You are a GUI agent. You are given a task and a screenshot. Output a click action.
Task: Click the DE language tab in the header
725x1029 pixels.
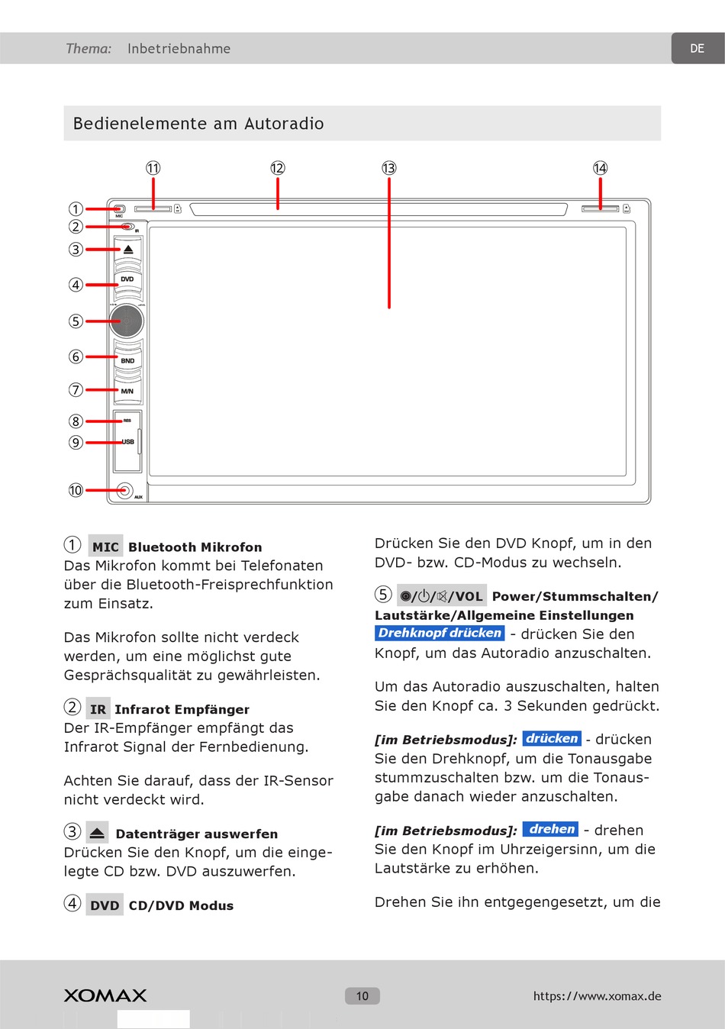(x=697, y=48)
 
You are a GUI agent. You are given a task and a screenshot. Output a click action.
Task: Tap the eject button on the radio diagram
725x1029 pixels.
(x=128, y=250)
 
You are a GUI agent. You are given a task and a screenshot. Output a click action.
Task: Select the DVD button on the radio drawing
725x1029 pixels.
(x=127, y=279)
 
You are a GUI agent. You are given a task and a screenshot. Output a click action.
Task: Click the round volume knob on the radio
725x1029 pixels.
(x=127, y=321)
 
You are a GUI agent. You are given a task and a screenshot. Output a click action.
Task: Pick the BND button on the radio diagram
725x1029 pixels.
(x=127, y=360)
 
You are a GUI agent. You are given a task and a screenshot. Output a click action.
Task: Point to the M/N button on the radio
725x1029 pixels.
(x=127, y=391)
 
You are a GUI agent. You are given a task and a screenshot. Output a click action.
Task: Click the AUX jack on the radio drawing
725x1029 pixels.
(x=124, y=491)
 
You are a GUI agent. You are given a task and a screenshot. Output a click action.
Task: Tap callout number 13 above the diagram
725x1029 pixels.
(x=389, y=168)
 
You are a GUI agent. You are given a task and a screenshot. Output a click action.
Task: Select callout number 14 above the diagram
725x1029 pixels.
(x=601, y=168)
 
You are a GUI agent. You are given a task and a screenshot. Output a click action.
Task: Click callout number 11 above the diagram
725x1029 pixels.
(x=153, y=168)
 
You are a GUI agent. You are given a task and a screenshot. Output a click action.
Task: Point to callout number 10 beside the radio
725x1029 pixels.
(x=76, y=490)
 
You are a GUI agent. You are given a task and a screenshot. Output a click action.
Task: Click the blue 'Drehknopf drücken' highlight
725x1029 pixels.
(x=440, y=633)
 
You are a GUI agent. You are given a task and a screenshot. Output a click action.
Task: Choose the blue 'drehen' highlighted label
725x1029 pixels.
(x=551, y=829)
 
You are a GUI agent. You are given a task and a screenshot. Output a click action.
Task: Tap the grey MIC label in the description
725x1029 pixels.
(x=105, y=547)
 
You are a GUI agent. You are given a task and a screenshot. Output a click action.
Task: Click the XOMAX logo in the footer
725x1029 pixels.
(x=105, y=995)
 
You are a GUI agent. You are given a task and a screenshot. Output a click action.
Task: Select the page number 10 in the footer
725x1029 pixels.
(x=362, y=995)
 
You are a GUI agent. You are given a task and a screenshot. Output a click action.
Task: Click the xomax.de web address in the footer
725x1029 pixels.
(x=597, y=995)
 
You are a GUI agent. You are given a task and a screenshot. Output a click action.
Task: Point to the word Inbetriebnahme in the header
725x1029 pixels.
(x=179, y=49)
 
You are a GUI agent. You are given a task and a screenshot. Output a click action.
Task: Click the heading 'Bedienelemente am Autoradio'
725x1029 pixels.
(x=198, y=124)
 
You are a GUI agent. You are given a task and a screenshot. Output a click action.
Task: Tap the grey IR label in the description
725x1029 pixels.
(x=98, y=709)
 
